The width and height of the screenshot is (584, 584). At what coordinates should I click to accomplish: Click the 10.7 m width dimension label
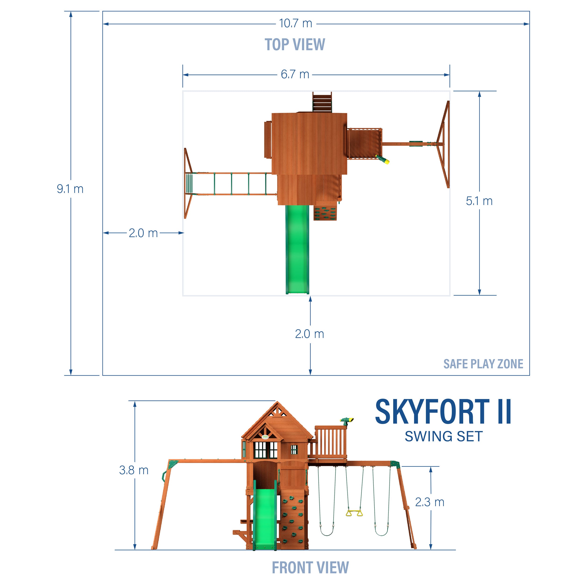[x=295, y=23]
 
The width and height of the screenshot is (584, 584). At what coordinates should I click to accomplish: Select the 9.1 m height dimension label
[x=70, y=189]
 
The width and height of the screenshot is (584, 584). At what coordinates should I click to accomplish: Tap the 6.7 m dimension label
[x=295, y=74]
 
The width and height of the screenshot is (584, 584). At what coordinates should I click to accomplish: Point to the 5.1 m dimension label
[x=479, y=201]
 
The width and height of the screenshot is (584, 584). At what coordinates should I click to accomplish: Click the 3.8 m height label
[x=134, y=470]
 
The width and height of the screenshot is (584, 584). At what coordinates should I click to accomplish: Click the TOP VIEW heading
[x=295, y=45]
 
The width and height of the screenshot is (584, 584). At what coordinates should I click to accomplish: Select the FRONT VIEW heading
[x=310, y=567]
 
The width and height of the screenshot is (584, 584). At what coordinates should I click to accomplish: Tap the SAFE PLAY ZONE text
[x=483, y=364]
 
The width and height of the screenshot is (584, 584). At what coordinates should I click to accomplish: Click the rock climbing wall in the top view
[x=325, y=213]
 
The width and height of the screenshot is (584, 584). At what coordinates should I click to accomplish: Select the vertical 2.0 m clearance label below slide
[x=310, y=334]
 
